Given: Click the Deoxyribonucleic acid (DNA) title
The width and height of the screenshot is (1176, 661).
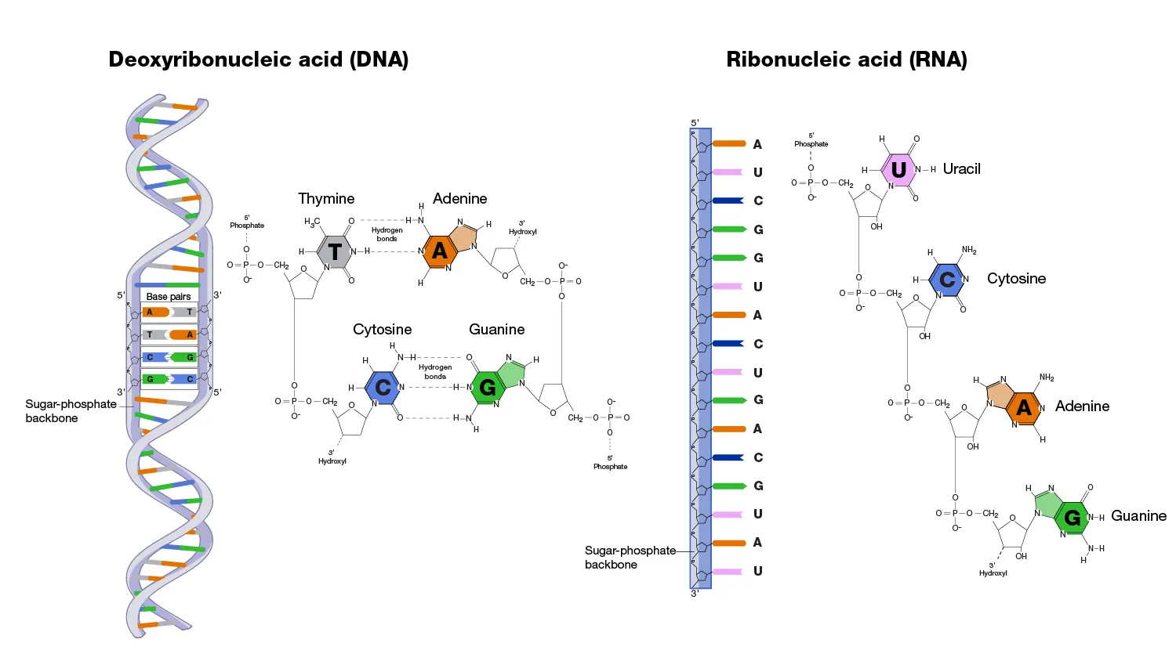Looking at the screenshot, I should pyautogui.click(x=258, y=60).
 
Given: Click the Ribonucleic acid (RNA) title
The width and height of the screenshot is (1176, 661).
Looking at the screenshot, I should pyautogui.click(x=846, y=60).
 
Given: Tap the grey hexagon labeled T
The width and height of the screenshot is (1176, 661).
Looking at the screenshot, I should pyautogui.click(x=335, y=251).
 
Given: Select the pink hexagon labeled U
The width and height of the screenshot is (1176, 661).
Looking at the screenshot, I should pyautogui.click(x=898, y=169).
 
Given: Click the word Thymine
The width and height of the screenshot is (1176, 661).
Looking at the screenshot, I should pyautogui.click(x=326, y=199).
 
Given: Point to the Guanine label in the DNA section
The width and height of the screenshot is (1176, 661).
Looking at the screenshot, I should pyautogui.click(x=496, y=330).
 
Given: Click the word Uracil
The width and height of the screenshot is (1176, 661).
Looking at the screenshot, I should pyautogui.click(x=961, y=169).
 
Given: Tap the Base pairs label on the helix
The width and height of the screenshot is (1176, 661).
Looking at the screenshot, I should pyautogui.click(x=169, y=297).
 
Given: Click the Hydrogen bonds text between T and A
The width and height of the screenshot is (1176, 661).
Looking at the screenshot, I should pyautogui.click(x=387, y=234).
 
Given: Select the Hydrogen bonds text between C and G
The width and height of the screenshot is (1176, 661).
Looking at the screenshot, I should pyautogui.click(x=435, y=371).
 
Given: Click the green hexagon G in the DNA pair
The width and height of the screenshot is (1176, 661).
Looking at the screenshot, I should pyautogui.click(x=487, y=388).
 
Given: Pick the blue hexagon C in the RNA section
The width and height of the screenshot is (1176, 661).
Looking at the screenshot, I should pyautogui.click(x=947, y=280).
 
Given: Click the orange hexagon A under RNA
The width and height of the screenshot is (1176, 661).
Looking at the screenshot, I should pyautogui.click(x=1023, y=407).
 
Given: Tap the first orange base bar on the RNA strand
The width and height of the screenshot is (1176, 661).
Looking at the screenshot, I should pyautogui.click(x=728, y=144).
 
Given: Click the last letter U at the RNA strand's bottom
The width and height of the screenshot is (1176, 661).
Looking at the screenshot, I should pyautogui.click(x=757, y=571).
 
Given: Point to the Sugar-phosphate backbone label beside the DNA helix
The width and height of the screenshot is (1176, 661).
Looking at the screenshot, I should pyautogui.click(x=70, y=411).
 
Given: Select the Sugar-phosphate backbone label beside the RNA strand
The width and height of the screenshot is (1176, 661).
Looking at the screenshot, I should pyautogui.click(x=630, y=558).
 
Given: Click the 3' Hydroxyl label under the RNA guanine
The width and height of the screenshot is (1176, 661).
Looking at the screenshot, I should pyautogui.click(x=993, y=569).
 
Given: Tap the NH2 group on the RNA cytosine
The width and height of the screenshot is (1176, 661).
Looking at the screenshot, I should pyautogui.click(x=969, y=251).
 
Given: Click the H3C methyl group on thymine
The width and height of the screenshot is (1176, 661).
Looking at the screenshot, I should pyautogui.click(x=312, y=222).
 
